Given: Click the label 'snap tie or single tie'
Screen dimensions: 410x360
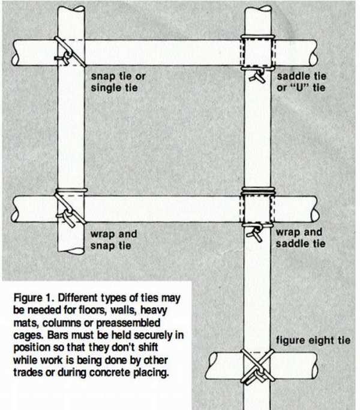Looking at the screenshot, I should click(118, 82).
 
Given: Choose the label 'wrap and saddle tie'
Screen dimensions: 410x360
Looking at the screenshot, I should click(301, 238).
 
